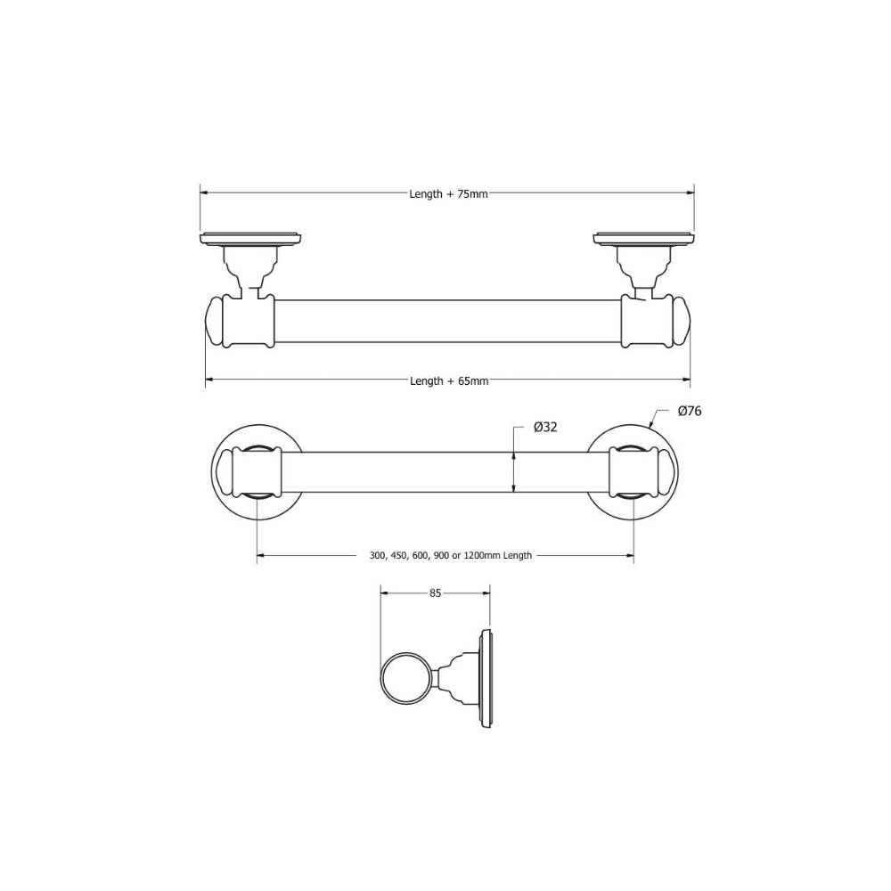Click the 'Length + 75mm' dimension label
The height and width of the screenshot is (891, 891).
pyautogui.click(x=448, y=193)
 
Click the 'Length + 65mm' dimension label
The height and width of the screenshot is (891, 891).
pyautogui.click(x=449, y=380)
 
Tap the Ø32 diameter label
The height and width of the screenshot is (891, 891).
pyautogui.click(x=545, y=428)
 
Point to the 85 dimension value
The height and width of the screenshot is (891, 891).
pyautogui.click(x=436, y=593)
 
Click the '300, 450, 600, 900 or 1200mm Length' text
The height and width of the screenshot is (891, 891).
pyautogui.click(x=450, y=555)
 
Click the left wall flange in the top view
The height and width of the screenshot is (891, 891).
pyautogui.click(x=251, y=238)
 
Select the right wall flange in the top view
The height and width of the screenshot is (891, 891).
pyautogui.click(x=643, y=238)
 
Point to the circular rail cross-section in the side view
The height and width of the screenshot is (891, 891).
pyautogui.click(x=405, y=681)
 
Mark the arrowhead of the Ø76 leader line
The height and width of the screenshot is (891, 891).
pyautogui.click(x=651, y=427)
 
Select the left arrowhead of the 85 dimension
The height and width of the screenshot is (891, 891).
pyautogui.click(x=384, y=593)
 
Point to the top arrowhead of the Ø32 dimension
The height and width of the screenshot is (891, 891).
pyautogui.click(x=514, y=454)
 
